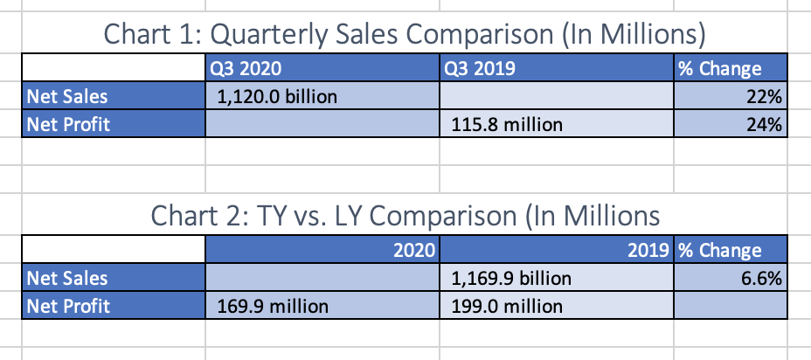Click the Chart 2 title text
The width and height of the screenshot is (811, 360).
[x=405, y=215]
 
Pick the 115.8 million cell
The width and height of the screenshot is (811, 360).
[x=507, y=124]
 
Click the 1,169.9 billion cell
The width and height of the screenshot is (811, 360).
[x=511, y=279]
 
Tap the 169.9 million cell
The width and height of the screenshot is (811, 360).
[x=272, y=306]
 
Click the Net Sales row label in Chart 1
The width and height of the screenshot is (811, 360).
[x=68, y=96]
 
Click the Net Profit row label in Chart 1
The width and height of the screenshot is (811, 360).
[x=69, y=124]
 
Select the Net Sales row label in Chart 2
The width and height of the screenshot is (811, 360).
[x=68, y=279]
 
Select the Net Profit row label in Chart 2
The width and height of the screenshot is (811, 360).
[x=69, y=306]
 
